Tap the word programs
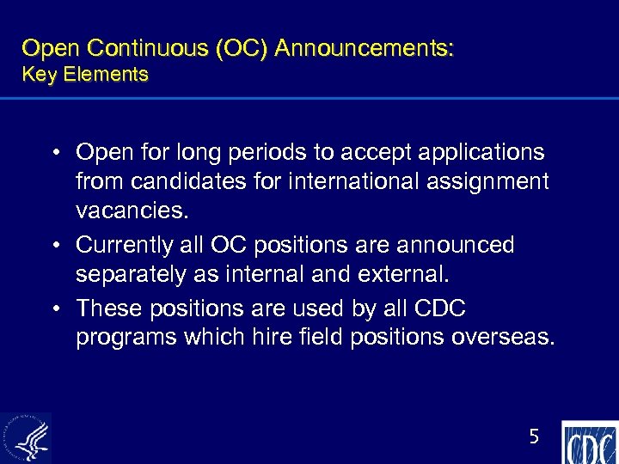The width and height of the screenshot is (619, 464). click(126, 338)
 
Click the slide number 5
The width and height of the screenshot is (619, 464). click(533, 437)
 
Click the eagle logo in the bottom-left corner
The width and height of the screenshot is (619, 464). click(26, 438)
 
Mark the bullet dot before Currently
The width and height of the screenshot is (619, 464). click(54, 246)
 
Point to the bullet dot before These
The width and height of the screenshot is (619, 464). click(54, 308)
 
